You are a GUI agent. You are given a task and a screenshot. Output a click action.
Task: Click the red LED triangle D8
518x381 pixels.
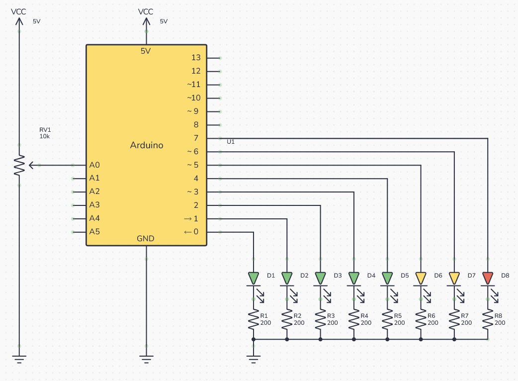pyautogui.click(x=488, y=278)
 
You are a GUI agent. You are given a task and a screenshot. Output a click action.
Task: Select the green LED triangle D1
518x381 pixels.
pyautogui.click(x=254, y=278)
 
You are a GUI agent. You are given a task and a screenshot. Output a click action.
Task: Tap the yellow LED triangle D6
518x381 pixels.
pyautogui.click(x=421, y=278)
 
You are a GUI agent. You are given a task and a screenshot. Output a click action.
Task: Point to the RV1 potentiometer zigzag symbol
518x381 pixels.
pyautogui.click(x=19, y=165)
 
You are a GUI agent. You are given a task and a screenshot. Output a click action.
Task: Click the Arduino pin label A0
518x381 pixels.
pyautogui.click(x=94, y=165)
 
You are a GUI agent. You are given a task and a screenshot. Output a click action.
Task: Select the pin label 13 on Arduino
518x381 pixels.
pyautogui.click(x=196, y=58)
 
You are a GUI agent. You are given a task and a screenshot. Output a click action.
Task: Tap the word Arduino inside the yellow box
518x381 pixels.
pyautogui.click(x=147, y=145)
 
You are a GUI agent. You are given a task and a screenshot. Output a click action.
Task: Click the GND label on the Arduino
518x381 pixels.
pyautogui.click(x=146, y=239)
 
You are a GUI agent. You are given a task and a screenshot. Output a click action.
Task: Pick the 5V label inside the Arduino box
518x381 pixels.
pyautogui.click(x=146, y=51)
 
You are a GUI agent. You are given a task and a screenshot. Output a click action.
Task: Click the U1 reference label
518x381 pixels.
pyautogui.click(x=231, y=142)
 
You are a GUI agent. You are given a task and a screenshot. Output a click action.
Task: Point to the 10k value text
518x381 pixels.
pyautogui.click(x=45, y=136)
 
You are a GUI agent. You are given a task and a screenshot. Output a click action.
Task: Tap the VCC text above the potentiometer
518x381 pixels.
pyautogui.click(x=19, y=11)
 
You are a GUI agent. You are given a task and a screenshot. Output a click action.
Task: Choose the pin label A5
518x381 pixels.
pyautogui.click(x=94, y=232)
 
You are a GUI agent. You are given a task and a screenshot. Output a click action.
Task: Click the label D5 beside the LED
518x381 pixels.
pyautogui.click(x=404, y=276)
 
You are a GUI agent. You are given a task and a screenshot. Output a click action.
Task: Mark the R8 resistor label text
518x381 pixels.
pyautogui.click(x=498, y=316)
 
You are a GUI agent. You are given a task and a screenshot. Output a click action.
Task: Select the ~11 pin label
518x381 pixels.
pyautogui.click(x=194, y=85)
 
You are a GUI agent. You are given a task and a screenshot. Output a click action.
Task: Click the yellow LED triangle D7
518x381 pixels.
pyautogui.click(x=454, y=278)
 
